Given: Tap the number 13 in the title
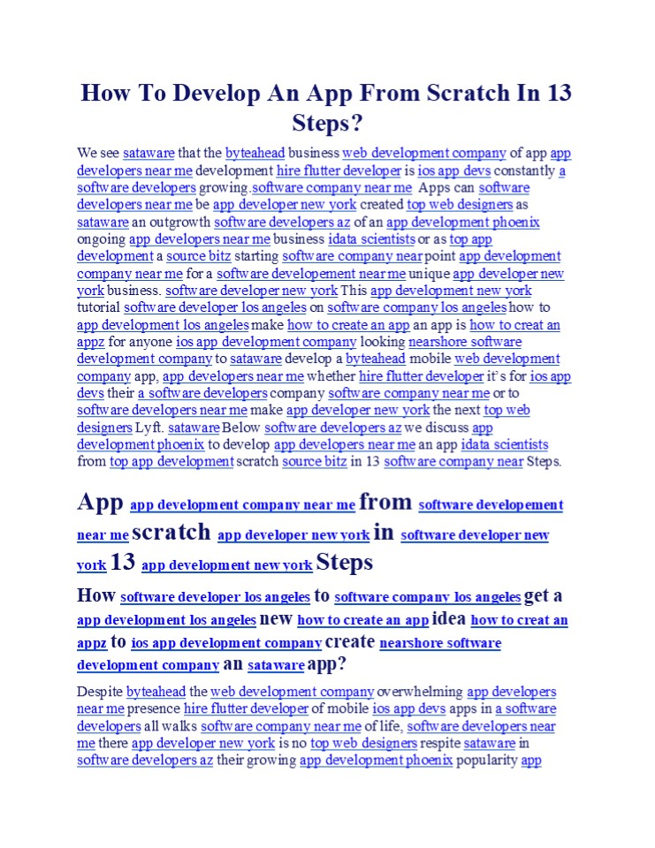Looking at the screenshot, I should click(x=559, y=94).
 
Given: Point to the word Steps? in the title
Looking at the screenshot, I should click(x=328, y=122).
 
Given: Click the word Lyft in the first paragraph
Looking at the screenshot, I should click(x=148, y=428).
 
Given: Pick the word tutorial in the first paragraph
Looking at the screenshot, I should click(x=98, y=307).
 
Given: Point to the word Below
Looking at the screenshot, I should click(x=242, y=428).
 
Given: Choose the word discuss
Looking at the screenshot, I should click(x=438, y=428).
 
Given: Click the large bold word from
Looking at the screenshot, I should click(x=386, y=502).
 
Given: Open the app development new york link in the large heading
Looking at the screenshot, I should click(x=226, y=564).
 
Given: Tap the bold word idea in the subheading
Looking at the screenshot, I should click(x=449, y=618).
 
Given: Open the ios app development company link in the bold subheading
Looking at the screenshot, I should click(x=226, y=643).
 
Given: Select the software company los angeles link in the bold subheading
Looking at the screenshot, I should click(x=428, y=597).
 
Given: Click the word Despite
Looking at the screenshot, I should click(x=100, y=692).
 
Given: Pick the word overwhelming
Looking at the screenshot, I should click(x=420, y=692).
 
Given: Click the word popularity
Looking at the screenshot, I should click(x=487, y=760).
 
